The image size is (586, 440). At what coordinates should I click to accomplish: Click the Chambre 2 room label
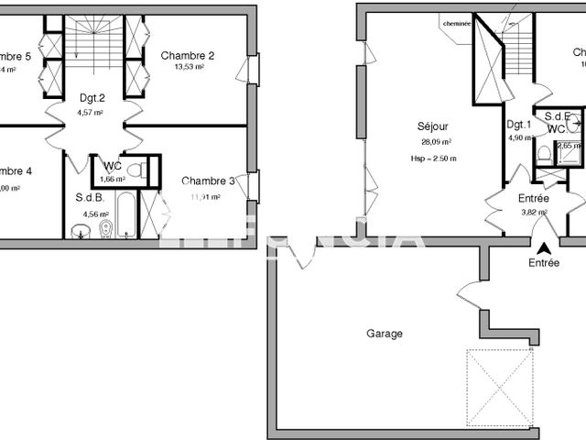[189, 55]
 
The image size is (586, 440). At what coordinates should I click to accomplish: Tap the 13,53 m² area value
[189, 67]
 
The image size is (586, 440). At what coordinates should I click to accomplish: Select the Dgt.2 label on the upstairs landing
[92, 98]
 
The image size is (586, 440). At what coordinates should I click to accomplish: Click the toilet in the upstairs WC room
[134, 170]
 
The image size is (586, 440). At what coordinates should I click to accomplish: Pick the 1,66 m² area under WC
[112, 179]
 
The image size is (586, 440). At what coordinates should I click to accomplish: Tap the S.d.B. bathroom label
[90, 197]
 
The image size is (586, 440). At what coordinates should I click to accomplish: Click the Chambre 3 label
[209, 181]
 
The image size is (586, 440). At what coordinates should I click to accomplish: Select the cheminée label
[456, 25]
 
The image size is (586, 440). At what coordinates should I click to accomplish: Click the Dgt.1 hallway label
[519, 125]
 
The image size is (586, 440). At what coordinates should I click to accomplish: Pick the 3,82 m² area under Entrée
[534, 212]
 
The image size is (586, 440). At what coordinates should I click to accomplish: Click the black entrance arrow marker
[543, 247]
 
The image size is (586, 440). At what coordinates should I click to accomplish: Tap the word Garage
[385, 334]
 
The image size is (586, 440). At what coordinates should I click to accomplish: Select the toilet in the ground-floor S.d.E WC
[543, 153]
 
